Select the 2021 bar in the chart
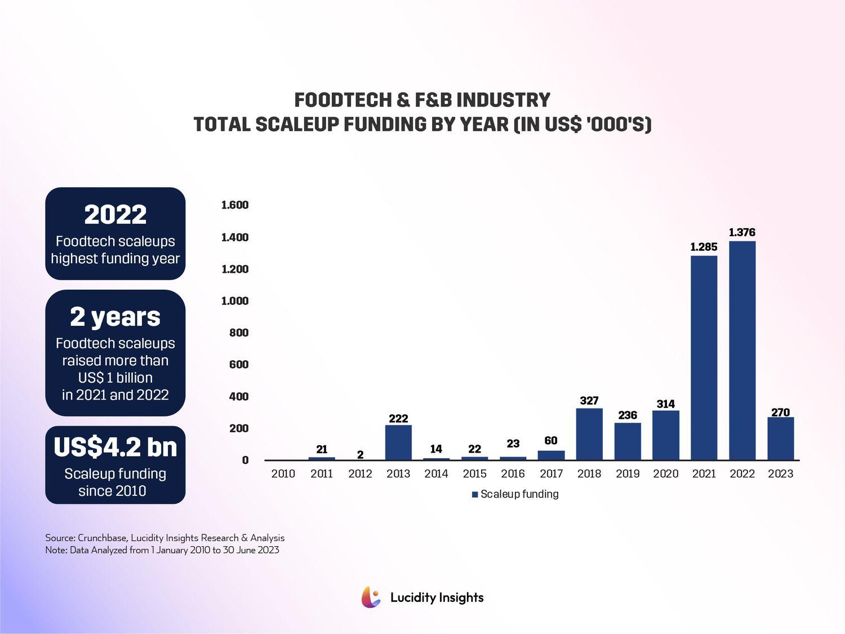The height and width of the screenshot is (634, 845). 704,358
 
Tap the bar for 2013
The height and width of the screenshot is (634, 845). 398,442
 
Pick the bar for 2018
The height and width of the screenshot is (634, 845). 589,434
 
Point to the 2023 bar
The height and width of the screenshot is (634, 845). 780,438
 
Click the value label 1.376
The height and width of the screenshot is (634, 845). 742,232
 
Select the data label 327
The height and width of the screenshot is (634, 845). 589,401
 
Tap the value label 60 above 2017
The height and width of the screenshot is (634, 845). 551,441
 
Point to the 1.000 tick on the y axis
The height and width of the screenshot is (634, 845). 235,301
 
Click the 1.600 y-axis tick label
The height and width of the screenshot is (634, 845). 235,205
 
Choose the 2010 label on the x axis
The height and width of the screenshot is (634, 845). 283,474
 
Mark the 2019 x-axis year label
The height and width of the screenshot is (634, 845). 628,474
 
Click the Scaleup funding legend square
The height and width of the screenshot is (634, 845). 475,494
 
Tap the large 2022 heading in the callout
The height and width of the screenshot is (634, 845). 115,215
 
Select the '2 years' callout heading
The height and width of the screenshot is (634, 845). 115,317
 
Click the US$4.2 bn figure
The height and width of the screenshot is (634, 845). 115,447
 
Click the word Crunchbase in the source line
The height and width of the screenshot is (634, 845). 102,538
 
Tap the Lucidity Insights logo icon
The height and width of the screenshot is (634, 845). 371,597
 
